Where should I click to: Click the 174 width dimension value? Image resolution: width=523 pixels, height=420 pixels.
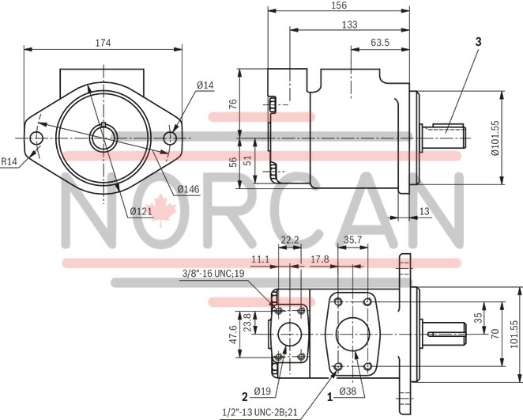click(x=103, y=42)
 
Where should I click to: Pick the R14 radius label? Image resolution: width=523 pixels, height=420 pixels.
click(x=9, y=162)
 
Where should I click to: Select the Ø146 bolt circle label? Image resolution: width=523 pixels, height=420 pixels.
click(x=186, y=188)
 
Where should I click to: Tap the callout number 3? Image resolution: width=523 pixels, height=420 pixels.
click(x=477, y=40)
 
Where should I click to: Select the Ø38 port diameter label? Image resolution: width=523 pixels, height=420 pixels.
click(x=348, y=392)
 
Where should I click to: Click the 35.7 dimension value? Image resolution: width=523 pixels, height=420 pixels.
click(x=353, y=239)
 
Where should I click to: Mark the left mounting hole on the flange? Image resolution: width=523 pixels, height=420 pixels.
click(x=36, y=139)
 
